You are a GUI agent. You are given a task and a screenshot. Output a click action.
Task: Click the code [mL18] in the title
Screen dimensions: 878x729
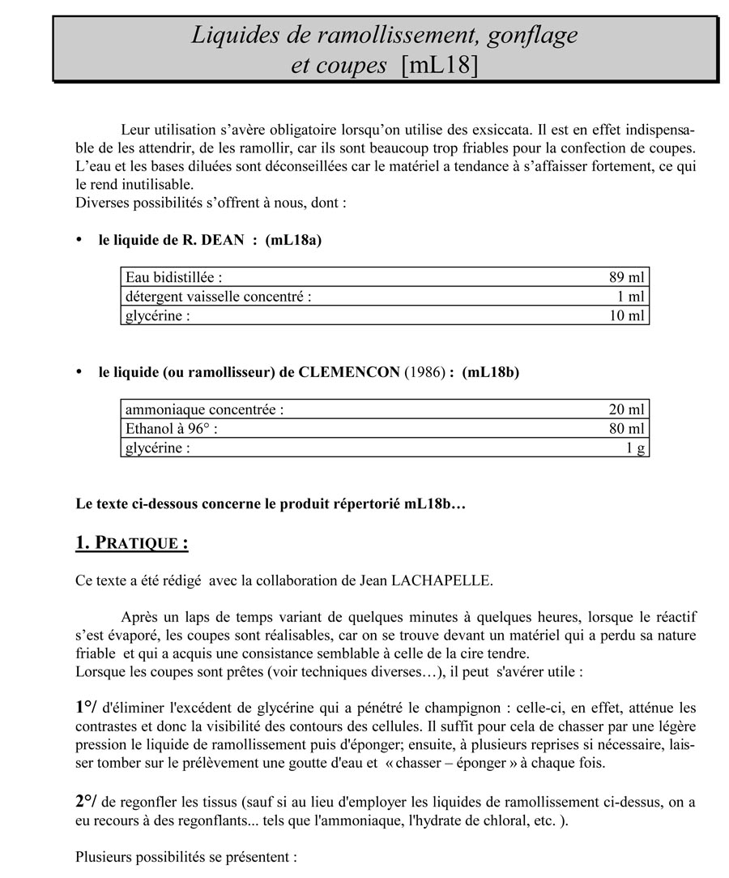[440, 65]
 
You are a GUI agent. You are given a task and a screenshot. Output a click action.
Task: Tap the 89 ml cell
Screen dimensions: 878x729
[626, 277]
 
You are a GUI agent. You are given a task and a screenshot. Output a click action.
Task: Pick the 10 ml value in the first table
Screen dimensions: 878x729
[626, 315]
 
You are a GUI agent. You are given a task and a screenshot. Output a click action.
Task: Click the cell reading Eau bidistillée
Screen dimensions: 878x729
[174, 277]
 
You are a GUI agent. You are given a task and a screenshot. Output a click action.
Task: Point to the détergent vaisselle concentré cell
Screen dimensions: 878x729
[218, 297]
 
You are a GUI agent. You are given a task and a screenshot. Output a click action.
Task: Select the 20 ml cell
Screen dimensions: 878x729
[626, 409]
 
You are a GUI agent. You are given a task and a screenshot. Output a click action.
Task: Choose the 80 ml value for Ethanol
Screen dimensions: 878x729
[626, 429]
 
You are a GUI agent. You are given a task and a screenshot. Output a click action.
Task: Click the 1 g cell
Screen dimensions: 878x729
[635, 448]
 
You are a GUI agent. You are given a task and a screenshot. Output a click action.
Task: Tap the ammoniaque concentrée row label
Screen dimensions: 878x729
[204, 409]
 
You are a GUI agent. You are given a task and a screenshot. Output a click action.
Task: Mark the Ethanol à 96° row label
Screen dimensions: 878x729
[171, 429]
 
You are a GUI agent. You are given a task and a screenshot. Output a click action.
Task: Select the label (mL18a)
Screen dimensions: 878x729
[293, 240]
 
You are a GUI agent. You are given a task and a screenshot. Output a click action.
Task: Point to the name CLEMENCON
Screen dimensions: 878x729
[349, 372]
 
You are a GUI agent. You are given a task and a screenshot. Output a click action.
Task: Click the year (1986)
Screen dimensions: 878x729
[424, 372]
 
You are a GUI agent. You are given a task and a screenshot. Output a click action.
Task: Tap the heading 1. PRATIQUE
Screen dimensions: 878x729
[131, 542]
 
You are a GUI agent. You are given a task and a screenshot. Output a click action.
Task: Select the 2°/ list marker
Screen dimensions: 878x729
[87, 801]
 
